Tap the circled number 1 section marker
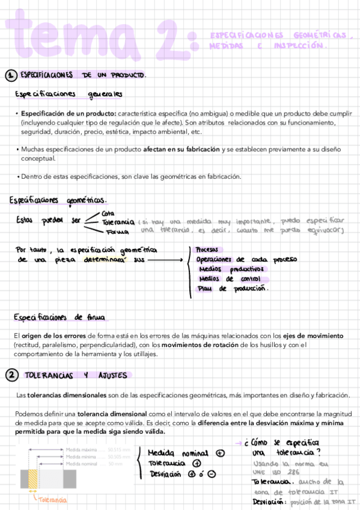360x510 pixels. click(x=10, y=76)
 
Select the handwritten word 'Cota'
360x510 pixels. click(x=108, y=214)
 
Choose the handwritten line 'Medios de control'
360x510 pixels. click(x=228, y=279)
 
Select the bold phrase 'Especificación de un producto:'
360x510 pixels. click(x=69, y=114)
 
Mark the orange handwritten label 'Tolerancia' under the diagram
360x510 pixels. click(x=52, y=500)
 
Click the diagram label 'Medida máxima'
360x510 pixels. click(x=82, y=450)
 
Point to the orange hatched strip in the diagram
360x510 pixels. click(x=34, y=479)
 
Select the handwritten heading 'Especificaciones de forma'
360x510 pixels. click(x=61, y=317)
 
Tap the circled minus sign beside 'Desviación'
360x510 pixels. click(x=211, y=474)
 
